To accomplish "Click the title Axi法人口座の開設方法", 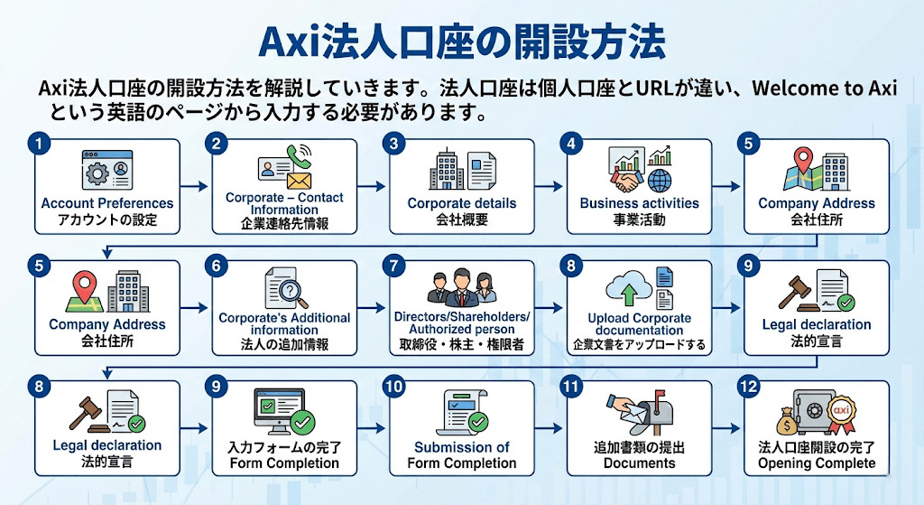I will point(462,41).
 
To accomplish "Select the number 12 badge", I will point(747,386).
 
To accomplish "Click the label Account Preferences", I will point(107,203).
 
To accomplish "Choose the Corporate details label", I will point(462,203).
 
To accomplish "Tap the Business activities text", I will point(639,203).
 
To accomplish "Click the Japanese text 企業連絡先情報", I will point(284,221).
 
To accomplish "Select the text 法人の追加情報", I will point(284,343).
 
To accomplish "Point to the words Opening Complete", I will point(816,463).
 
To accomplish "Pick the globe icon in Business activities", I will point(659,179).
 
